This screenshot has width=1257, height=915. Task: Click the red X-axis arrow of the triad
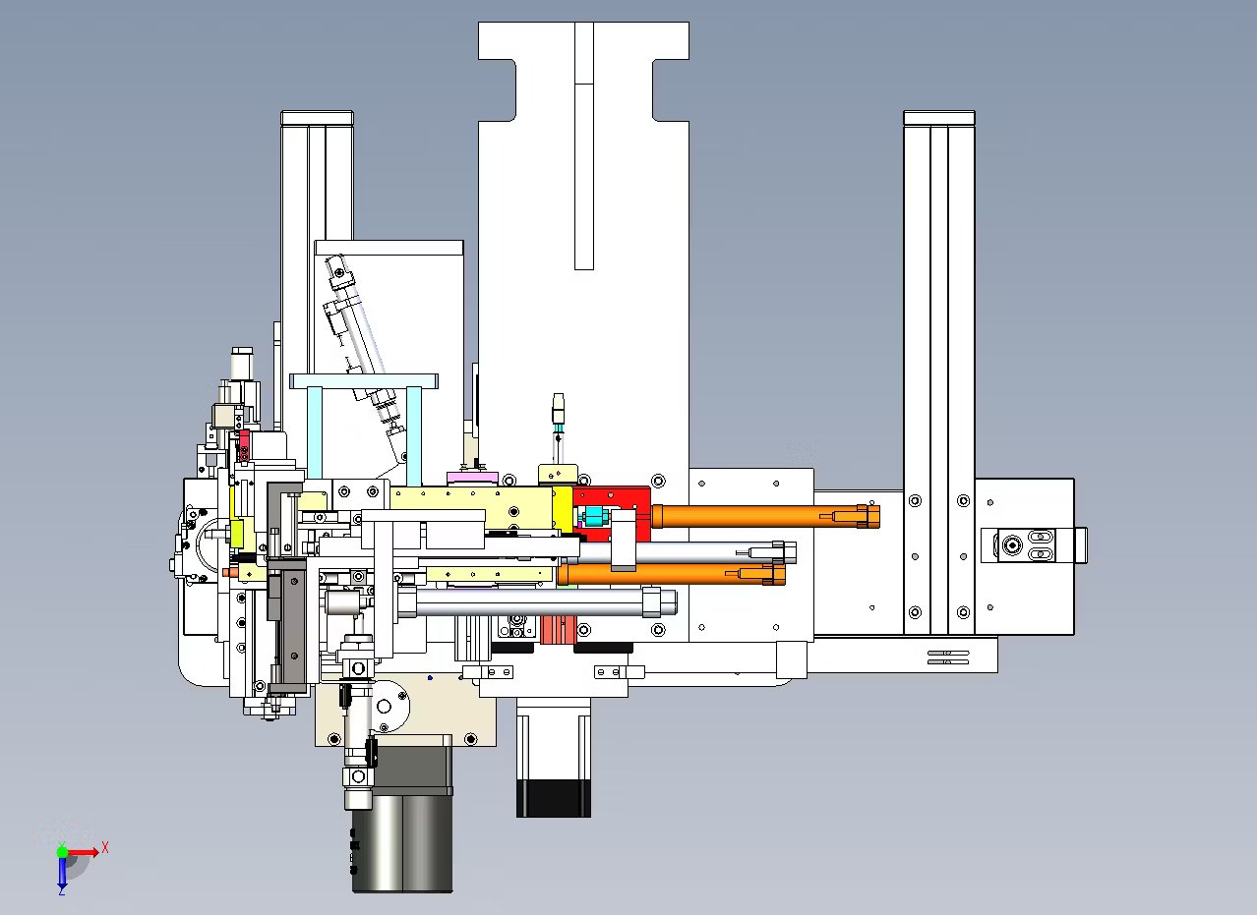point(83,852)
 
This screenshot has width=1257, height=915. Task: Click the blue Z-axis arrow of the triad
point(62,872)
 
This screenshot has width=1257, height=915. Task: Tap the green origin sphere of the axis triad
point(62,852)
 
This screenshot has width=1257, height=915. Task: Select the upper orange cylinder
point(765,516)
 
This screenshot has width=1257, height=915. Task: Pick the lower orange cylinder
point(671,574)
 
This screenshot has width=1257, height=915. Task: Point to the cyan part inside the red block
point(592,516)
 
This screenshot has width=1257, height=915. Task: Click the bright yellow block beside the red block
point(563,509)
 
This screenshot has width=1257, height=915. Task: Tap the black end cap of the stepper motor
point(554,798)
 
